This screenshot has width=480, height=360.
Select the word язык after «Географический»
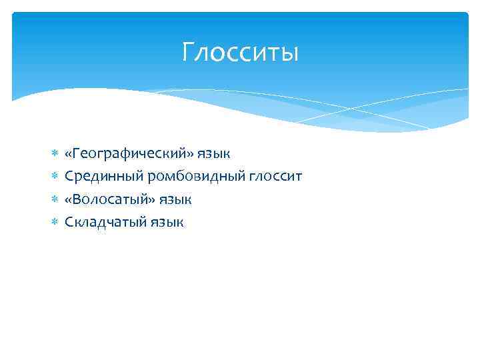(214, 155)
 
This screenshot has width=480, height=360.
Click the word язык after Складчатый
(166, 223)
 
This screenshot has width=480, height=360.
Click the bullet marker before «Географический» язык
(55, 155)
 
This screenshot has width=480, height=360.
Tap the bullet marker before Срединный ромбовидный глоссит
(55, 177)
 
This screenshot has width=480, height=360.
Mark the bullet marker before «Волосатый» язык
(55, 200)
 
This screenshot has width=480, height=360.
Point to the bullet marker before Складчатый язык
(55, 223)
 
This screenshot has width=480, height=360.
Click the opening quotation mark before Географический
(69, 155)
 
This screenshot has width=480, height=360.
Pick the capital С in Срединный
(69, 177)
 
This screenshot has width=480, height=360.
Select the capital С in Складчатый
(69, 222)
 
